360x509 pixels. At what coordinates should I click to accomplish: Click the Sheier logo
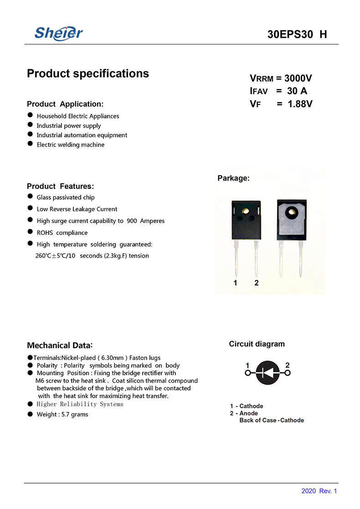click(x=59, y=33)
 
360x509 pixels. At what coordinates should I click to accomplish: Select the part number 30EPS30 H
click(x=297, y=35)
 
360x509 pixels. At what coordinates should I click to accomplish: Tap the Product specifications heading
click(x=88, y=73)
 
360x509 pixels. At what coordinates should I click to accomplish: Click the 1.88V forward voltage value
click(x=300, y=104)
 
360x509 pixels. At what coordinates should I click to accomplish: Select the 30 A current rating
click(x=297, y=91)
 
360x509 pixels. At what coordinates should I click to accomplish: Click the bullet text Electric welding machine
click(x=71, y=145)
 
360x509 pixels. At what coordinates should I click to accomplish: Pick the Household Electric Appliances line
click(x=78, y=116)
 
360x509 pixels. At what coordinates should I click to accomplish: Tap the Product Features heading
click(x=60, y=186)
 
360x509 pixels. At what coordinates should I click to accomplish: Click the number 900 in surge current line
click(x=132, y=221)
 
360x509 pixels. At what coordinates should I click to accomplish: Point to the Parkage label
click(x=233, y=178)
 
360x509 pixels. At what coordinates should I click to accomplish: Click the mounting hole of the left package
click(x=246, y=211)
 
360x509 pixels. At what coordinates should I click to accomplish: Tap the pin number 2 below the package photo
click(x=257, y=283)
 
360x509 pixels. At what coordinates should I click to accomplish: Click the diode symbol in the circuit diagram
click(x=267, y=373)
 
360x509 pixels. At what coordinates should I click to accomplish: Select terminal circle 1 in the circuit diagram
click(x=248, y=373)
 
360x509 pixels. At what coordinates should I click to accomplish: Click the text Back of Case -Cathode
click(x=272, y=420)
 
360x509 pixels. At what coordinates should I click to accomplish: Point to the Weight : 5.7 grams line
click(x=62, y=414)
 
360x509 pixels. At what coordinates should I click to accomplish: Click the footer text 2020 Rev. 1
click(x=319, y=491)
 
